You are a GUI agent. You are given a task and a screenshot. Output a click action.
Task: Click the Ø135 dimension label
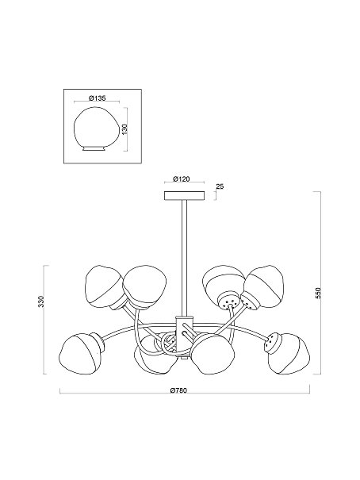[x=97, y=98]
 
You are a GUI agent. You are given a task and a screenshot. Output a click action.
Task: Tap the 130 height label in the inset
[x=124, y=129]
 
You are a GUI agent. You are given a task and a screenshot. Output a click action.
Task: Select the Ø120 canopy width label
[x=181, y=179]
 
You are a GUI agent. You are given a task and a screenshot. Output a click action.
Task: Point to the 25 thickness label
[x=220, y=186]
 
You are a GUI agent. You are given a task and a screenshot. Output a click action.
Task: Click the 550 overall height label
[x=318, y=294]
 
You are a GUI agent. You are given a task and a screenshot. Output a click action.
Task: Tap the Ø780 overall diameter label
[x=178, y=390]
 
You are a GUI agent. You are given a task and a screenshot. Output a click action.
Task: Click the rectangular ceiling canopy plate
[x=185, y=196]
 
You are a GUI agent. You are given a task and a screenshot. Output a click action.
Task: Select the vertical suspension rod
[x=185, y=258]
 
